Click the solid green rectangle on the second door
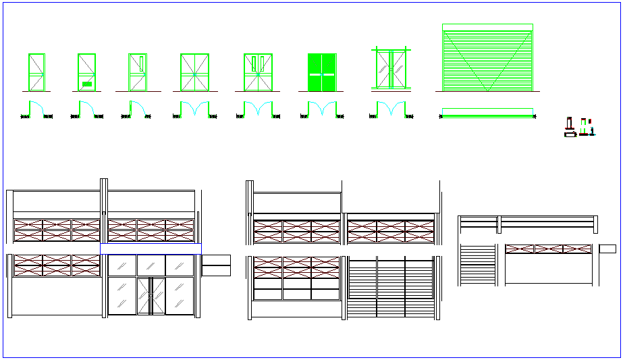pos(86,84)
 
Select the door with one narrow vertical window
pos(138,72)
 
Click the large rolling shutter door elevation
pos(487,58)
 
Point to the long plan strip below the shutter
pos(487,112)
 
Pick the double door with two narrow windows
pos(257,72)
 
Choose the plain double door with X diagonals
pos(194,72)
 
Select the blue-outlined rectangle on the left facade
pos(151,249)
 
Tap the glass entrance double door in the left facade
pos(151,295)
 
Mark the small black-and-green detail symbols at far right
pos(580,128)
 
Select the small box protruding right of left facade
pos(215,265)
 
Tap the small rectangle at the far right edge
pos(607,249)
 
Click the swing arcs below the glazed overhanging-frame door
pos(390,109)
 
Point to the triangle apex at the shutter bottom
pos(487,91)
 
